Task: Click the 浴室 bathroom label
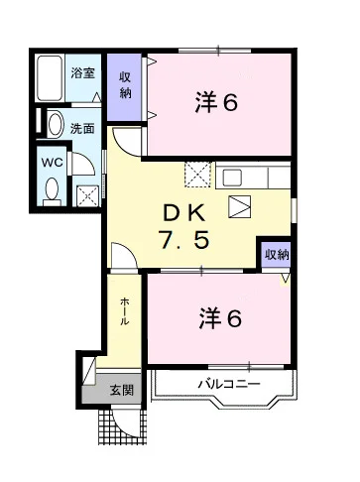[83, 73]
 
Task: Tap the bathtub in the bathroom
[50, 78]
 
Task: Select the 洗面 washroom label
[82, 128]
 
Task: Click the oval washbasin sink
[56, 124]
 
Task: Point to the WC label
[53, 163]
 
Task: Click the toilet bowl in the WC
[52, 189]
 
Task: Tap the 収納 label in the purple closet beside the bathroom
[125, 85]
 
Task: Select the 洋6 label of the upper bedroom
[216, 102]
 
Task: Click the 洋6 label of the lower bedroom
[220, 318]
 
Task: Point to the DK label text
[184, 213]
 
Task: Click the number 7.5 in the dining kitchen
[183, 239]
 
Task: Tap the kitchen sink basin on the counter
[232, 178]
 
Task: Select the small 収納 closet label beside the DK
[277, 255]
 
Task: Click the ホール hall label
[124, 311]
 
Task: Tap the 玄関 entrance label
[122, 391]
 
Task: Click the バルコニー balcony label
[229, 384]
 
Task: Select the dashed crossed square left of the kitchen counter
[197, 175]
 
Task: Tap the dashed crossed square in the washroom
[88, 196]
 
